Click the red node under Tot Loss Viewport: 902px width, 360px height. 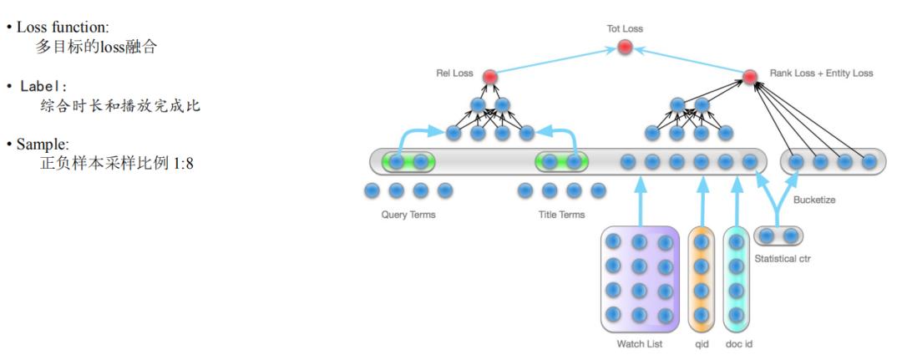625,48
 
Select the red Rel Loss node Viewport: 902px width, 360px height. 490,77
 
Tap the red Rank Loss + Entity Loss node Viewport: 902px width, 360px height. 750,77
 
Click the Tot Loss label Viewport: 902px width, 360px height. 625,29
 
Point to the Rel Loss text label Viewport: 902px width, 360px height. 454,74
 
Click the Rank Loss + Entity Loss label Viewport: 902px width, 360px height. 821,74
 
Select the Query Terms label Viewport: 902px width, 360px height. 408,215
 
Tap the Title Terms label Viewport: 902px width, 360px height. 561,215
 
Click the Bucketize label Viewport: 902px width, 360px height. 814,200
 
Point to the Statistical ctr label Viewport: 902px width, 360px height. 783,259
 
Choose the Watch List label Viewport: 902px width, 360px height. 641,344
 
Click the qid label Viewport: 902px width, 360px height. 702,344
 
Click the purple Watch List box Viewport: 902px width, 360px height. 640,279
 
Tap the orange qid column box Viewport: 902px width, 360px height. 702,279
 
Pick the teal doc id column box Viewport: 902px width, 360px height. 736,279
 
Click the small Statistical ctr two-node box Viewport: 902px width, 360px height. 778,236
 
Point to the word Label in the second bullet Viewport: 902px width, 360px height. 43,87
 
